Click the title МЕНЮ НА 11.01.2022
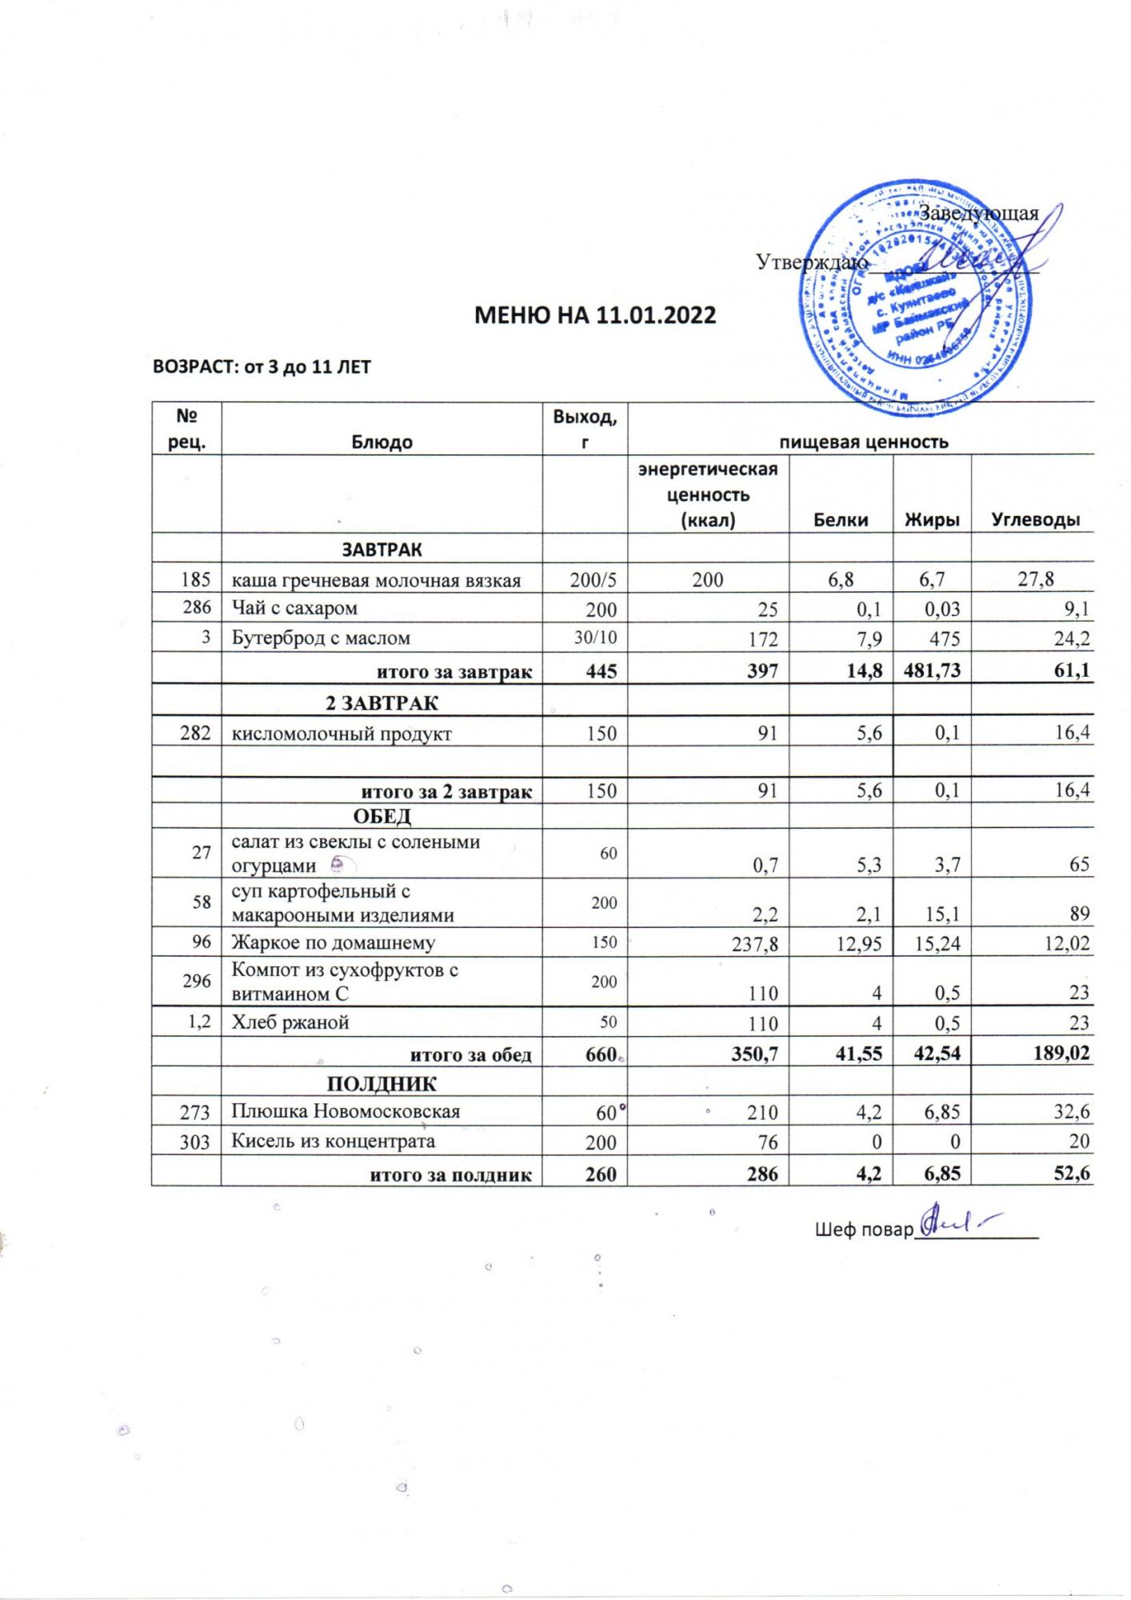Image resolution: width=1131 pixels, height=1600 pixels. click(x=594, y=314)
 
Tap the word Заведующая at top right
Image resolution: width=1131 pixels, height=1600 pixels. click(x=977, y=214)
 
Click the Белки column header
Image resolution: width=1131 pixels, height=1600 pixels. click(x=841, y=519)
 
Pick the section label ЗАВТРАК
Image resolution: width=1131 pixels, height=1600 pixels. click(x=382, y=550)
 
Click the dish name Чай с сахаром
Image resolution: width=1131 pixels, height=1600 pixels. click(x=294, y=608)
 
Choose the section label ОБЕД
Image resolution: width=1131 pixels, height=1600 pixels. click(x=382, y=816)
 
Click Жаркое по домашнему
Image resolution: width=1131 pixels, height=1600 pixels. click(x=334, y=942)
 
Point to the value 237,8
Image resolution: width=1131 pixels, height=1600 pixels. click(x=755, y=943)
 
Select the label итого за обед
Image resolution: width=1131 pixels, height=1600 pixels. click(x=470, y=1054)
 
